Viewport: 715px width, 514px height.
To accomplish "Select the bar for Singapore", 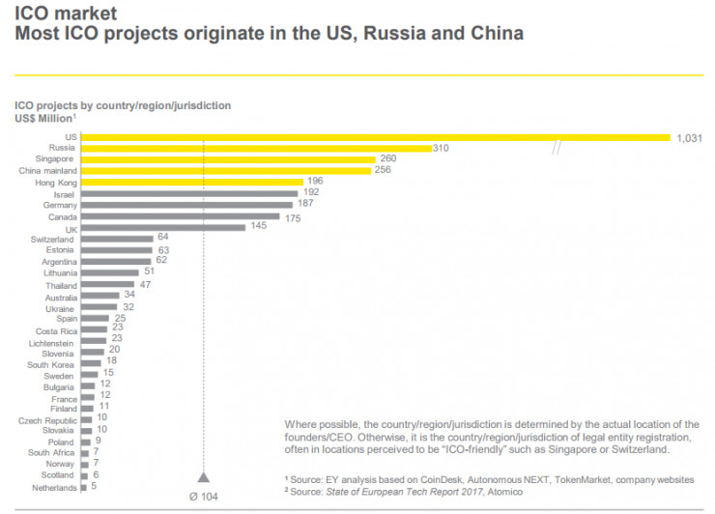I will click(x=228, y=159).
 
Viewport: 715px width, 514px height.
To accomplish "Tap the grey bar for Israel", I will click(x=189, y=193).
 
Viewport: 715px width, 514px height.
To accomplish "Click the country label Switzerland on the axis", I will click(x=52, y=239).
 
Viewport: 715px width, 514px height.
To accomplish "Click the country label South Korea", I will click(x=51, y=364).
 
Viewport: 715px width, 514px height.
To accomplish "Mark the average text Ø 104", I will click(x=204, y=495).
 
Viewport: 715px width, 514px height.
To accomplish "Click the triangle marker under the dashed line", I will click(x=204, y=476).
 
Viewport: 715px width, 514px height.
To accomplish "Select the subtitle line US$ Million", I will click(x=44, y=118).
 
